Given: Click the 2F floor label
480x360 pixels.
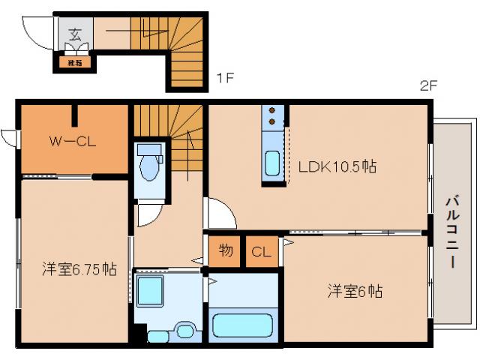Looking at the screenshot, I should point(428,85).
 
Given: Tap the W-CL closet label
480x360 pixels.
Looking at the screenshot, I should point(71,140).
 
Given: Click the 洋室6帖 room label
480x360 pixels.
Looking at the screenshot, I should point(354,291).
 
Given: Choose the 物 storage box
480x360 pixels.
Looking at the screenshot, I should point(225,252).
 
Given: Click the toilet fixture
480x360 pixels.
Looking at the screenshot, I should point(149,163).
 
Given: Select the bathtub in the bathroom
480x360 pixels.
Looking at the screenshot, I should point(242,325).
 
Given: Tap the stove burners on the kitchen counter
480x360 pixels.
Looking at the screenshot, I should point(273,116).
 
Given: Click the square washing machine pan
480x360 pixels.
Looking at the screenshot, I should point(153,289).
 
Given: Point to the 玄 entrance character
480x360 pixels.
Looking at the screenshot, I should point(75,33).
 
